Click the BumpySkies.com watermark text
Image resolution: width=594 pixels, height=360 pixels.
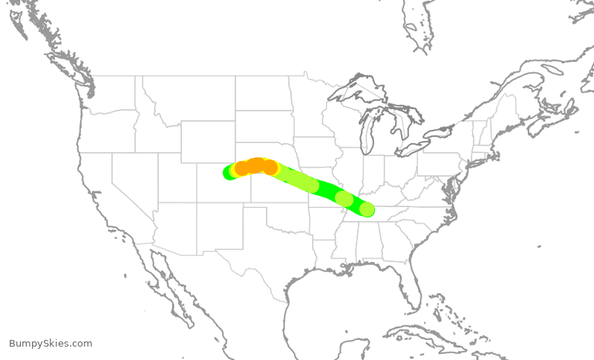tap(50, 344)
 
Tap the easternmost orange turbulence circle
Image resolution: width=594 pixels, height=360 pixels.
tap(270, 167)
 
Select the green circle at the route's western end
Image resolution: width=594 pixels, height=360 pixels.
tap(229, 172)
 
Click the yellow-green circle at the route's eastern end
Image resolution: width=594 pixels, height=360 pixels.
tap(367, 209)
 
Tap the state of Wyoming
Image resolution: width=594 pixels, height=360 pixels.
tap(207, 141)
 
